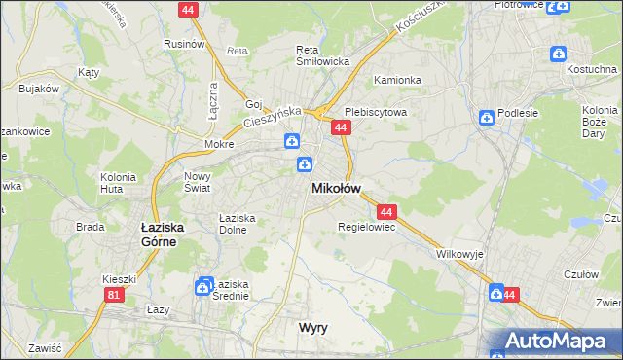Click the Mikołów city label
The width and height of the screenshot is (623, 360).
[x=336, y=188]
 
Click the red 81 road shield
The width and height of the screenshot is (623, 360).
[x=116, y=294]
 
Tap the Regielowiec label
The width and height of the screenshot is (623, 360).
[x=365, y=227]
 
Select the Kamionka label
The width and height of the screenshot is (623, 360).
[x=396, y=80]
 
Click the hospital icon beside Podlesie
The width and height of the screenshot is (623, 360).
[x=486, y=118]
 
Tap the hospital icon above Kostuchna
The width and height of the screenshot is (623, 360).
[x=558, y=54]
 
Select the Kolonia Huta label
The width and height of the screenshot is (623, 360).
[x=118, y=184]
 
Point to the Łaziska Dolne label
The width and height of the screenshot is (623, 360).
[x=237, y=224]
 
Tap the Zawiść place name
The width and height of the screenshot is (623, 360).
[x=46, y=347]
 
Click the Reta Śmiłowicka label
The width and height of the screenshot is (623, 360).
[x=322, y=54]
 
